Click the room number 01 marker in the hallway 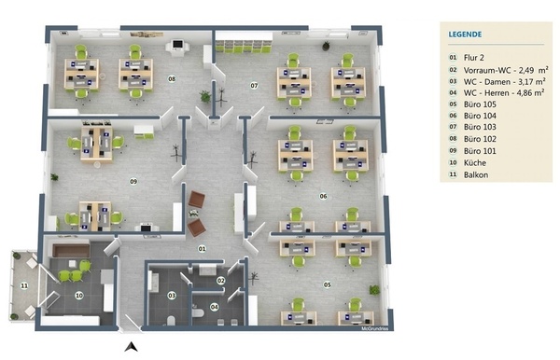[203, 248]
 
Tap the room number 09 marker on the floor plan [133, 181]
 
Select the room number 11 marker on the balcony [24, 285]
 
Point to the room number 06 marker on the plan [323, 196]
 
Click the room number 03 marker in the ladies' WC [172, 296]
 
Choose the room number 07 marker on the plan [254, 85]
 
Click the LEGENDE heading [465, 35]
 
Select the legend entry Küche [475, 162]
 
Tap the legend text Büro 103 [480, 127]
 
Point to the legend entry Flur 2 [473, 58]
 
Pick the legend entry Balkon [476, 174]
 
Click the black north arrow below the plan [131, 346]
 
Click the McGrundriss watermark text [374, 328]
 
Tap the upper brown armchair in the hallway [196, 200]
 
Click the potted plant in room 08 [205, 96]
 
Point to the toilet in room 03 [171, 321]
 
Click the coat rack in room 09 [175, 153]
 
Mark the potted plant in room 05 [374, 290]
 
